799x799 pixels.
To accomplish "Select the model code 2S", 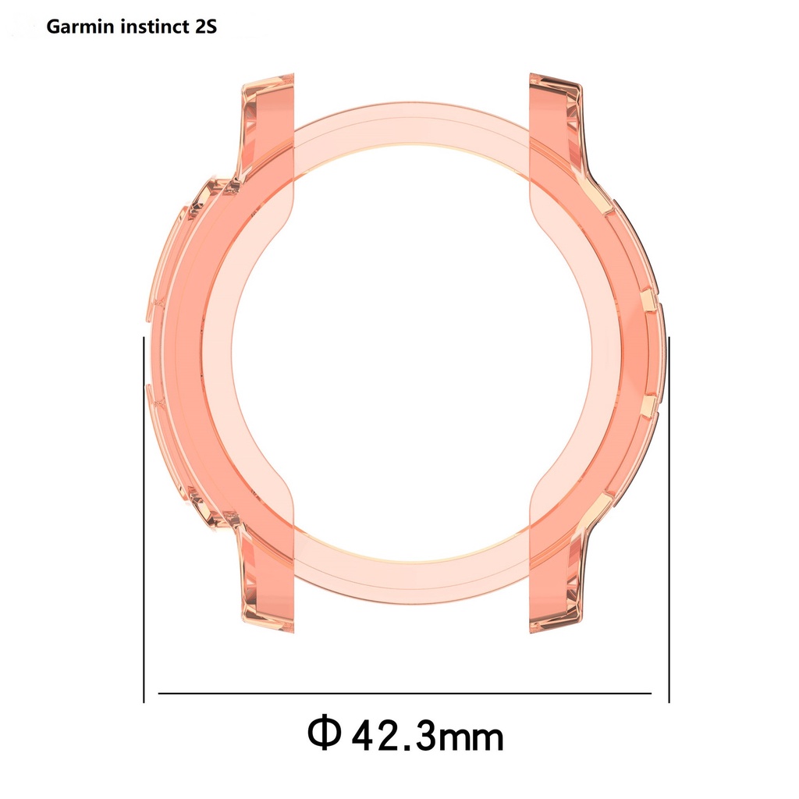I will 201,28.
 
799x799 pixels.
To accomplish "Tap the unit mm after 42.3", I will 471,736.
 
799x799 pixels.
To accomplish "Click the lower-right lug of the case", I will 556,585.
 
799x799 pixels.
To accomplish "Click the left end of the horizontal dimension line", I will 160,692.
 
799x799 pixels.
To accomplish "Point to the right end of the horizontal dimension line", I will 650,692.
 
